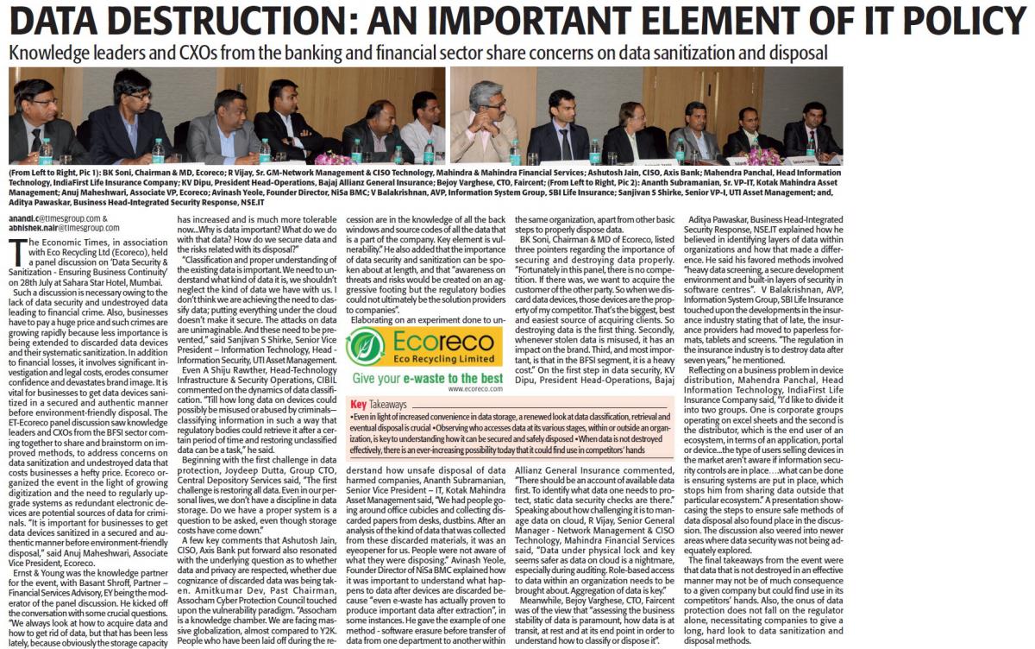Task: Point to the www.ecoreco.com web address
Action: [468, 389]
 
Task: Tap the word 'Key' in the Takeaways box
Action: [359, 404]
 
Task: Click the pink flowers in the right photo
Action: [761, 155]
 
